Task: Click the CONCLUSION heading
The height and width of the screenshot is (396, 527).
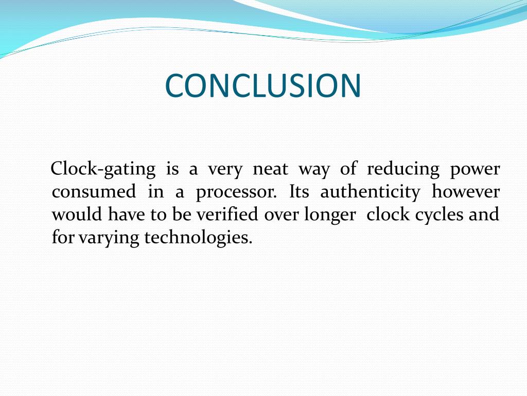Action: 263,86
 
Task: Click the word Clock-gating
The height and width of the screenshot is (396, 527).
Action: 103,169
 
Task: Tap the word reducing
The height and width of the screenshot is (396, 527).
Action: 403,169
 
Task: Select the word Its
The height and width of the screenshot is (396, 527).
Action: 299,192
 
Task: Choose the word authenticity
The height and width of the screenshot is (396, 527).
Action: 370,193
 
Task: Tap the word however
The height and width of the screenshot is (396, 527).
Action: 465,192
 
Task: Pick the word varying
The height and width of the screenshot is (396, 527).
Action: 109,238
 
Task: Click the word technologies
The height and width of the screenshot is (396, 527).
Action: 199,238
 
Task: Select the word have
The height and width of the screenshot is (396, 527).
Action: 127,214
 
